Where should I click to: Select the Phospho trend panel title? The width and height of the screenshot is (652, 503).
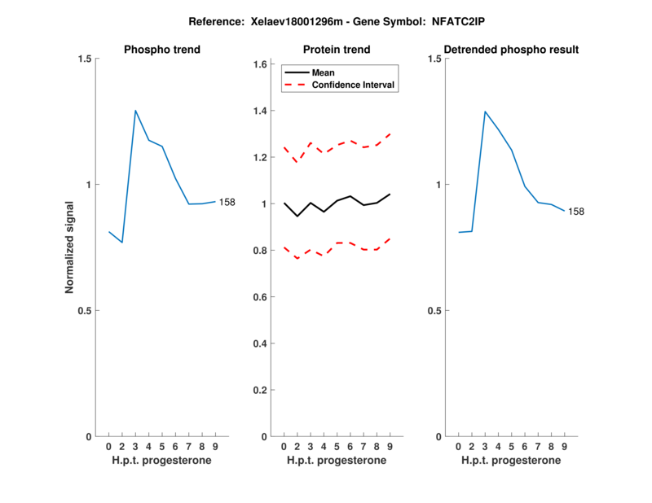[162, 50]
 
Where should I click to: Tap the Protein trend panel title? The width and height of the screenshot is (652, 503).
[337, 50]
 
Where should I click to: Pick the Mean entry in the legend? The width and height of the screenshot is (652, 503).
[324, 72]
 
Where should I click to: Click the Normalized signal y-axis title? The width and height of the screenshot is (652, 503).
[69, 247]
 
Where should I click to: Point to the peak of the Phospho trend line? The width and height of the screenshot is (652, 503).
[135, 110]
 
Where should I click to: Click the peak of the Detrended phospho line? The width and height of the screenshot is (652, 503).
[485, 112]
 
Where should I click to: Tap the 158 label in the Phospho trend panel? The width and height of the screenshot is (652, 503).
[227, 202]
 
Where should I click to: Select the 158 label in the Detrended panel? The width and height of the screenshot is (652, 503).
[576, 212]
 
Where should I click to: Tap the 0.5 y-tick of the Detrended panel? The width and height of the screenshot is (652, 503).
[435, 311]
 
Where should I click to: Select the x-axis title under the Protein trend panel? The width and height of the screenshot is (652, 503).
[337, 461]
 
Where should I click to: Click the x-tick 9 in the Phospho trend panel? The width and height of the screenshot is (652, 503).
[215, 446]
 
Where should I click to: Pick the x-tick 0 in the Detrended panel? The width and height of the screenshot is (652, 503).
[458, 446]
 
